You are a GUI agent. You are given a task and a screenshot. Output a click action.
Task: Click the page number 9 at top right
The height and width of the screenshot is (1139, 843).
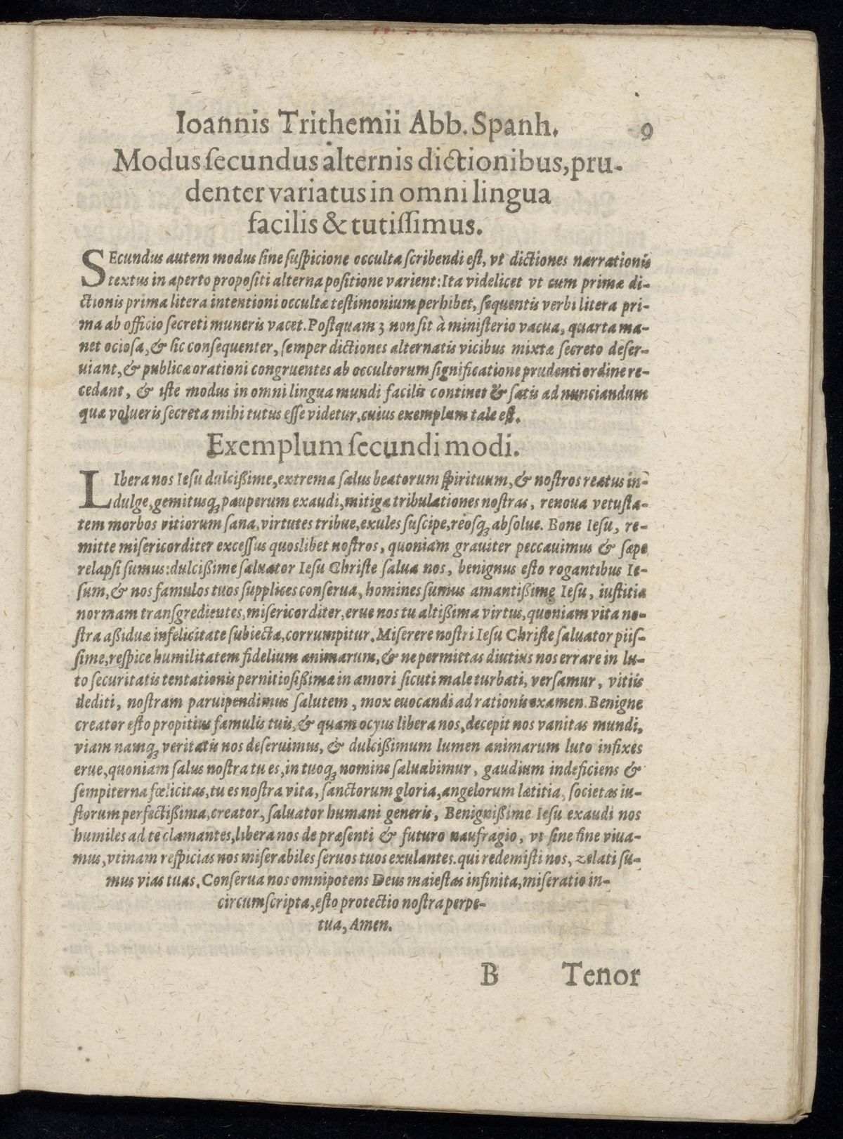point(648,131)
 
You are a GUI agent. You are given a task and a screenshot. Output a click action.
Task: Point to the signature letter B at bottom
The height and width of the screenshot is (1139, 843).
point(489,975)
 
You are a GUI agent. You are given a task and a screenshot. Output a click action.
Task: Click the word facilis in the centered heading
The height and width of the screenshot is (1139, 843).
point(278,224)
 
